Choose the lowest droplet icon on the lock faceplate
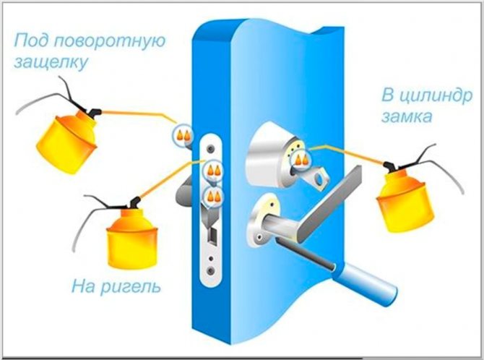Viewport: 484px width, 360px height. coord(213,195)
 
